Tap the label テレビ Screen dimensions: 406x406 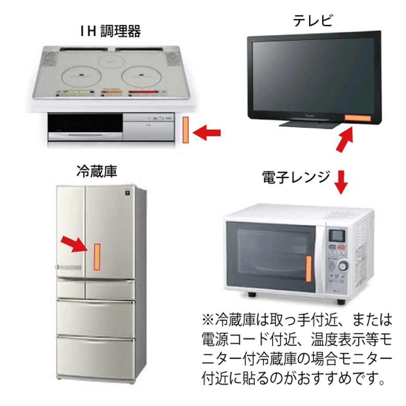click(x=313, y=21)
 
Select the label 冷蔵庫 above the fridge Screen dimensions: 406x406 click(x=97, y=171)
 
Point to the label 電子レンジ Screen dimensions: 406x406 click(x=296, y=177)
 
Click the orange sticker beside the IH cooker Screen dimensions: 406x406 click(x=186, y=130)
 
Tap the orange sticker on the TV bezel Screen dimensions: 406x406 click(x=357, y=118)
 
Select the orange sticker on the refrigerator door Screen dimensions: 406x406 click(x=97, y=257)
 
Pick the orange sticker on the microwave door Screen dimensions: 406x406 click(x=308, y=268)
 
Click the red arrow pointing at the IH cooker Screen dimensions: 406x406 click(x=207, y=132)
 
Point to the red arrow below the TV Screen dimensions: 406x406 click(x=345, y=139)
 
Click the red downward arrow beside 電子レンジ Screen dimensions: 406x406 click(x=341, y=182)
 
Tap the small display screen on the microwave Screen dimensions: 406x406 click(x=337, y=235)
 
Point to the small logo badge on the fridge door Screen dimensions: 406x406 click(x=127, y=193)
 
